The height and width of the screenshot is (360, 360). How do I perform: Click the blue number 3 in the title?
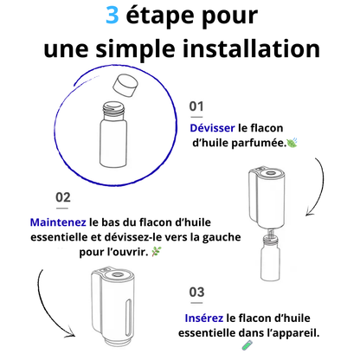[112, 16]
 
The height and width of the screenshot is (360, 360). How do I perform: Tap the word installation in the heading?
[251, 48]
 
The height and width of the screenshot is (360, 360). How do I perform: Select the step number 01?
[196, 106]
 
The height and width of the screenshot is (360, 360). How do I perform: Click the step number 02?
[63, 197]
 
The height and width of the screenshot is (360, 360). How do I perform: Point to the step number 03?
[196, 292]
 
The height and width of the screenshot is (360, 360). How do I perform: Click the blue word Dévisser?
[212, 128]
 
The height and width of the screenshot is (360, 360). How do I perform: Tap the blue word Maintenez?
[58, 222]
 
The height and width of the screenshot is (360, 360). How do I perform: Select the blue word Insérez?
[204, 318]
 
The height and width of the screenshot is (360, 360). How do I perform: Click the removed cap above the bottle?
[125, 86]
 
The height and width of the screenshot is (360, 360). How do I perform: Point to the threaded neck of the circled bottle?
[114, 110]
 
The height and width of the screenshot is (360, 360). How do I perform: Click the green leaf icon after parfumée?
[292, 142]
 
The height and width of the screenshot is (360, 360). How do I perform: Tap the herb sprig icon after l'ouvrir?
[157, 252]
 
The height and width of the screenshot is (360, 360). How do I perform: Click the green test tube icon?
[247, 345]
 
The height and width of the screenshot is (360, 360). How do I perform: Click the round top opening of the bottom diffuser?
[119, 274]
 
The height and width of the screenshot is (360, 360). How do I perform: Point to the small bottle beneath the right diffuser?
[270, 258]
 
